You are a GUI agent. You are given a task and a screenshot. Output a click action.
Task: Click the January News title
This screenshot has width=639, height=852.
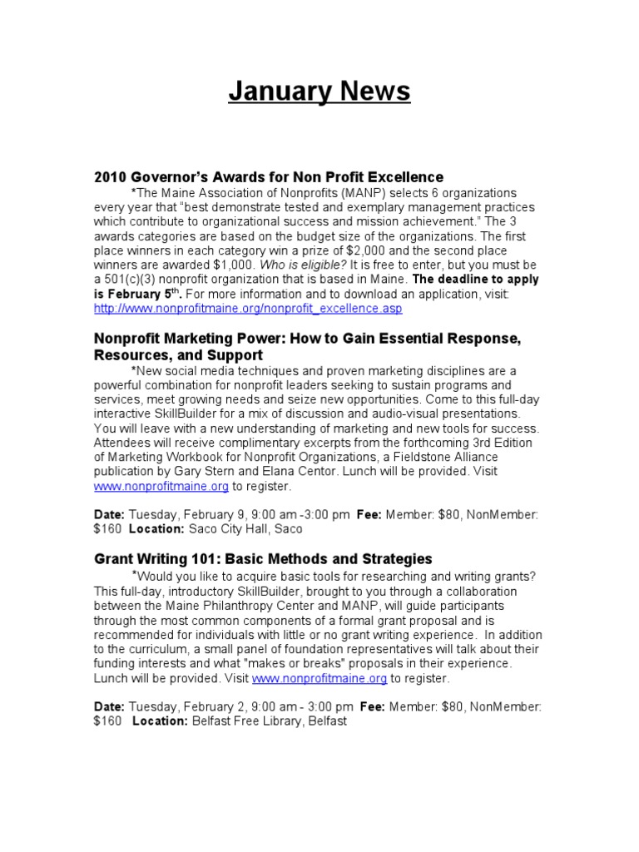point(319,92)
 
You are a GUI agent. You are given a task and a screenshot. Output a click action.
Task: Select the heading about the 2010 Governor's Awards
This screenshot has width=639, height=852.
point(269,177)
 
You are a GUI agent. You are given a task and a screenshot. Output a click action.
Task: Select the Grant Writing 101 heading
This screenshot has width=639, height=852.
point(263,558)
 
